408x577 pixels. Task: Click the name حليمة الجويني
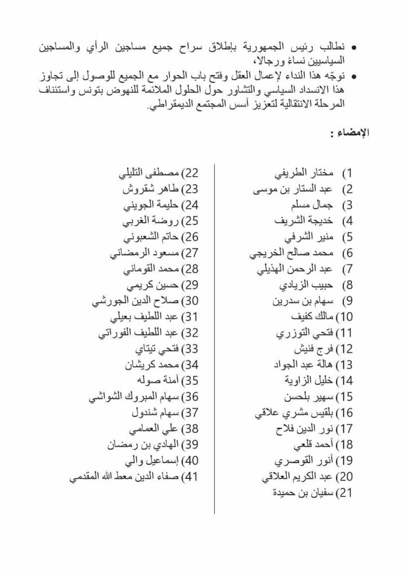tap(149, 204)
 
